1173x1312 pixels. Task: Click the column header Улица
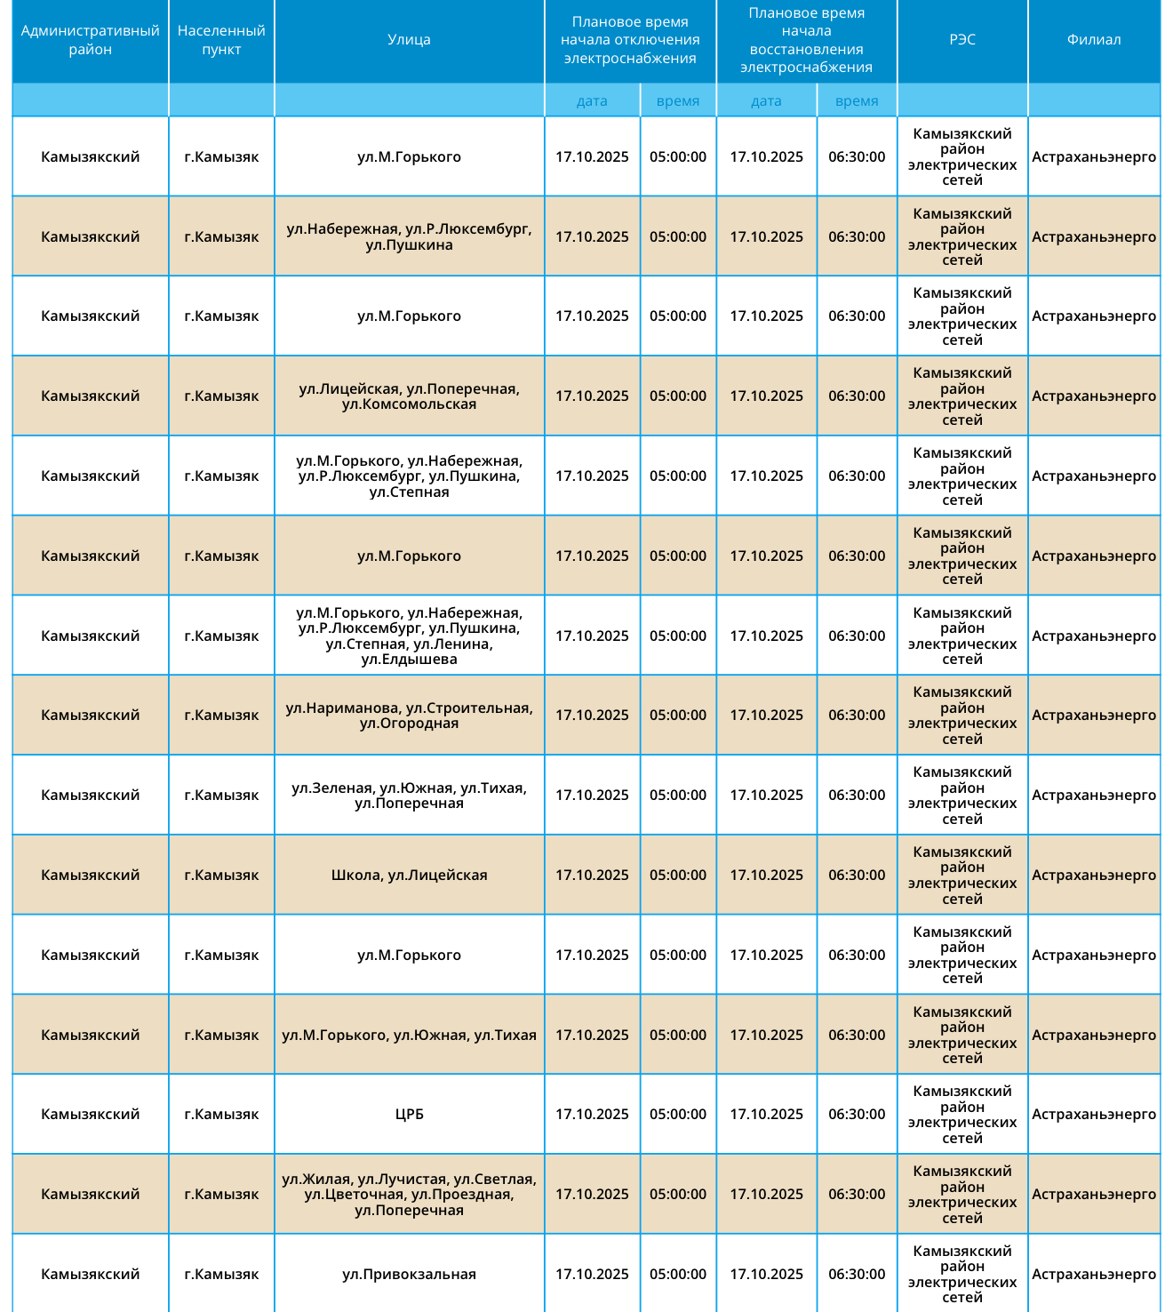tap(409, 40)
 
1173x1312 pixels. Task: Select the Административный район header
tap(90, 40)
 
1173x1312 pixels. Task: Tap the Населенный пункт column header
tap(221, 40)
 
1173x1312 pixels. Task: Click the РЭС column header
tap(962, 40)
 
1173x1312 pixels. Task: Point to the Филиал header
tap(1093, 40)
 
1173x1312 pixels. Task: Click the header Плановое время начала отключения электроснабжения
tap(630, 40)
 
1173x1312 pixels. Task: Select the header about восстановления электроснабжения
tap(806, 40)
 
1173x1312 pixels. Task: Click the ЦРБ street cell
tap(409, 1115)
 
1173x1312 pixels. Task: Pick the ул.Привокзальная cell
tap(409, 1275)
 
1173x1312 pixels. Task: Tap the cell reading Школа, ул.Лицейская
tap(409, 876)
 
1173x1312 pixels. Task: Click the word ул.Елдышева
tap(409, 660)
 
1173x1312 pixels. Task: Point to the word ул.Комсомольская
tap(409, 404)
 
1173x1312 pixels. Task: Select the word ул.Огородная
tap(409, 724)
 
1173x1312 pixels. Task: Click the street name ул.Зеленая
tap(331, 788)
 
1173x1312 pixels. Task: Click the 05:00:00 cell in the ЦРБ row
tap(678, 1115)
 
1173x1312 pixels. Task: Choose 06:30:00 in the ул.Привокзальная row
tap(857, 1275)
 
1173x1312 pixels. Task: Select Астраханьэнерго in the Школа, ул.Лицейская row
tap(1093, 876)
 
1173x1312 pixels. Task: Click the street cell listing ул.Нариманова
tap(409, 716)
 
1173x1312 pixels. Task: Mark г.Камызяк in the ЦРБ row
tap(221, 1115)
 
